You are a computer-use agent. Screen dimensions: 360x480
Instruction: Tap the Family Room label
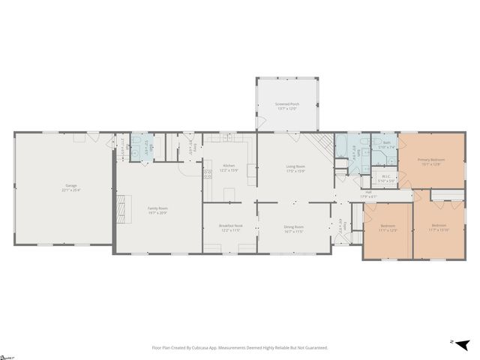coord(157,208)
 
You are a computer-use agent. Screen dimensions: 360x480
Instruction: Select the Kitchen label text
coord(229,166)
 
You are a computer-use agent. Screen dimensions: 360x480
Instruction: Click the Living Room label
coord(295,166)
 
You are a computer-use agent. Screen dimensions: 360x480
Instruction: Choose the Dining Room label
coord(294,226)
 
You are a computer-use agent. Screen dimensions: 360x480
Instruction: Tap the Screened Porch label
coord(286,105)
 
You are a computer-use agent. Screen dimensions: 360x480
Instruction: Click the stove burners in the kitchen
coord(208,174)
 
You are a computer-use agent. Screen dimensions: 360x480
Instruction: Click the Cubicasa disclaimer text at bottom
coord(239,348)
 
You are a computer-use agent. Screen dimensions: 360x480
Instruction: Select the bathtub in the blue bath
coord(341,145)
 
